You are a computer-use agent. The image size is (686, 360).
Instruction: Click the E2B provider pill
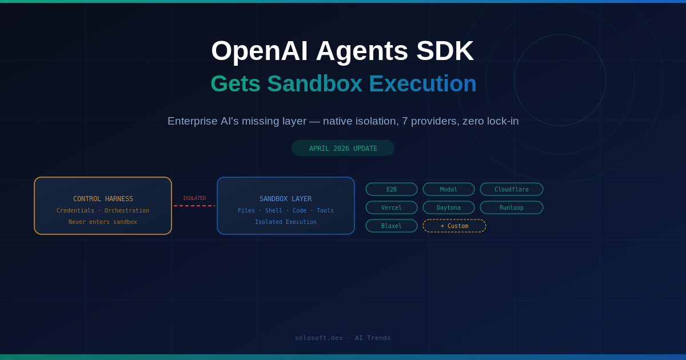(392, 189)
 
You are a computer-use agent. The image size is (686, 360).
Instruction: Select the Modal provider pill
(449, 189)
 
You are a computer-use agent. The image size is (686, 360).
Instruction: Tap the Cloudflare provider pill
(512, 189)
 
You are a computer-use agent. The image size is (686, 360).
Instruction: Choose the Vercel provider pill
(392, 207)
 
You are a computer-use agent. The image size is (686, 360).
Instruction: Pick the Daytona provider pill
(449, 207)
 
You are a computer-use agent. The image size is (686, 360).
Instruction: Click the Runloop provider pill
(512, 207)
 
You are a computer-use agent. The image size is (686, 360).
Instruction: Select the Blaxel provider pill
(392, 226)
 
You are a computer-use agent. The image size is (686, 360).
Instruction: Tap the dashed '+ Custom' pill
(454, 226)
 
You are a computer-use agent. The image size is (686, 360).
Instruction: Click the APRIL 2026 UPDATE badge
(343, 148)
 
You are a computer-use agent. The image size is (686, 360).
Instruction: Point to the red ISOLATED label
(194, 198)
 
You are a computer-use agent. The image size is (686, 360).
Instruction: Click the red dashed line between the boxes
(194, 206)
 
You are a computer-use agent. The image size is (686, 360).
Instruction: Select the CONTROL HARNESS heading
(103, 199)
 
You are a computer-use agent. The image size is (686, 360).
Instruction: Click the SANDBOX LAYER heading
(286, 199)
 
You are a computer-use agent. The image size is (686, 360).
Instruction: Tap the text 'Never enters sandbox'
(103, 222)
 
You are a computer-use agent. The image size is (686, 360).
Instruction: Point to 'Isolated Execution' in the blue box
(286, 222)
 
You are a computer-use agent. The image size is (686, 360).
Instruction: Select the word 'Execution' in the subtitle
(422, 84)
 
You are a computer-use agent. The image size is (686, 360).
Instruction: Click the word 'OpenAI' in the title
(259, 51)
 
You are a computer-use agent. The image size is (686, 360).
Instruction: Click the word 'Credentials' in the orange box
(75, 210)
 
